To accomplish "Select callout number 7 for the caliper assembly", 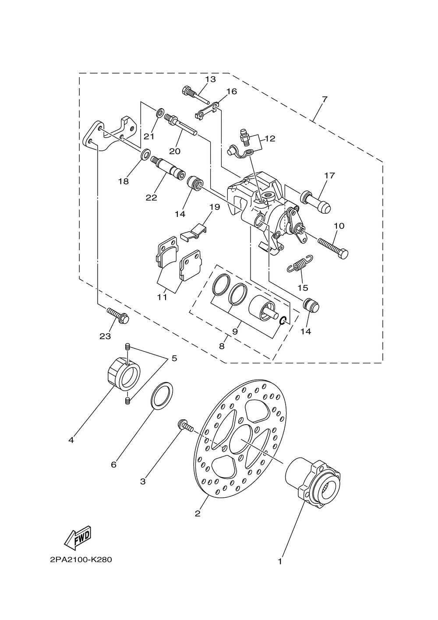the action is pos(325,99).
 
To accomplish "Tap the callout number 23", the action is pos(105,337).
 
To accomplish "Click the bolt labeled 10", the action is pos(333,248).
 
